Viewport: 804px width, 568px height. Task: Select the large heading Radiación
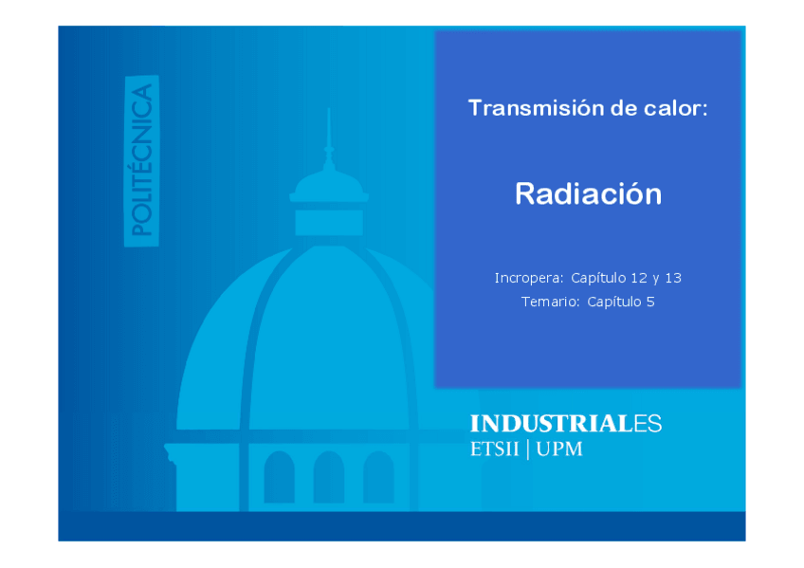[x=588, y=193]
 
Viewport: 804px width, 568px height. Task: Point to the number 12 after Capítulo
[x=639, y=278]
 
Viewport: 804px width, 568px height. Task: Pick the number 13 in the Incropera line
[x=673, y=278]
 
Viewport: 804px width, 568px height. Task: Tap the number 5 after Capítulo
[x=650, y=302]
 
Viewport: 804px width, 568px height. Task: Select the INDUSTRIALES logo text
[x=566, y=424]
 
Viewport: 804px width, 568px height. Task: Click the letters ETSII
[x=494, y=449]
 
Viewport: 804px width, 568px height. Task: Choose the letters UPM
[x=559, y=449]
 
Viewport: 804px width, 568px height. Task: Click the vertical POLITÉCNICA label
[x=141, y=161]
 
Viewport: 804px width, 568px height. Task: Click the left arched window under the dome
[x=279, y=477]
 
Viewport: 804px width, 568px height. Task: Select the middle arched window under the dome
[x=329, y=477]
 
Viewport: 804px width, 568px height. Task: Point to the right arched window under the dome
[x=378, y=477]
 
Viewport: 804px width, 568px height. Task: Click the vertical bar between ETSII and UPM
[x=527, y=449]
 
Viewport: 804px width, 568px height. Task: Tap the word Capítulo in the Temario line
[x=612, y=302]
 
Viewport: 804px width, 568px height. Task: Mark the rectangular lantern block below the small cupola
[x=329, y=223]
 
